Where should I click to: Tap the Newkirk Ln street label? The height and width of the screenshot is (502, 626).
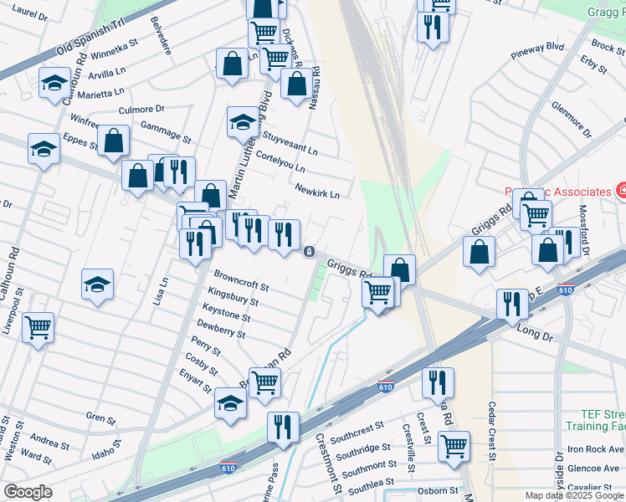click(317, 192)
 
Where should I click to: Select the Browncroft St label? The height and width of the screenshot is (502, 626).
click(241, 280)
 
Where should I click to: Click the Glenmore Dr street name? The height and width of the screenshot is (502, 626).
click(572, 120)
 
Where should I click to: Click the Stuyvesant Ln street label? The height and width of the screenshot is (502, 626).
click(290, 143)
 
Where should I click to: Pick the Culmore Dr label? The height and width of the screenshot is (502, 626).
click(142, 109)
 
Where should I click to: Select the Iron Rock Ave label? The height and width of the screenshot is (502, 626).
click(594, 449)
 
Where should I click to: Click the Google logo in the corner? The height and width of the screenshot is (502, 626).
click(28, 492)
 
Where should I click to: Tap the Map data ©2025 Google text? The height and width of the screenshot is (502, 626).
click(562, 495)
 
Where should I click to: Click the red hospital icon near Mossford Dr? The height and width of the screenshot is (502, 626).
click(621, 192)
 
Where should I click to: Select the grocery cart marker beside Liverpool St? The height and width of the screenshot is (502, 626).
click(38, 326)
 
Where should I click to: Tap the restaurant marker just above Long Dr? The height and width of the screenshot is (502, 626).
click(511, 303)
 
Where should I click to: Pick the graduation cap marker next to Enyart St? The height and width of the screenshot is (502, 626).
click(230, 402)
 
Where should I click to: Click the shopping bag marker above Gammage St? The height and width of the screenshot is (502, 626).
click(113, 140)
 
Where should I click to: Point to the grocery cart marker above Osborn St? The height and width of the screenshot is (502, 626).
click(454, 444)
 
